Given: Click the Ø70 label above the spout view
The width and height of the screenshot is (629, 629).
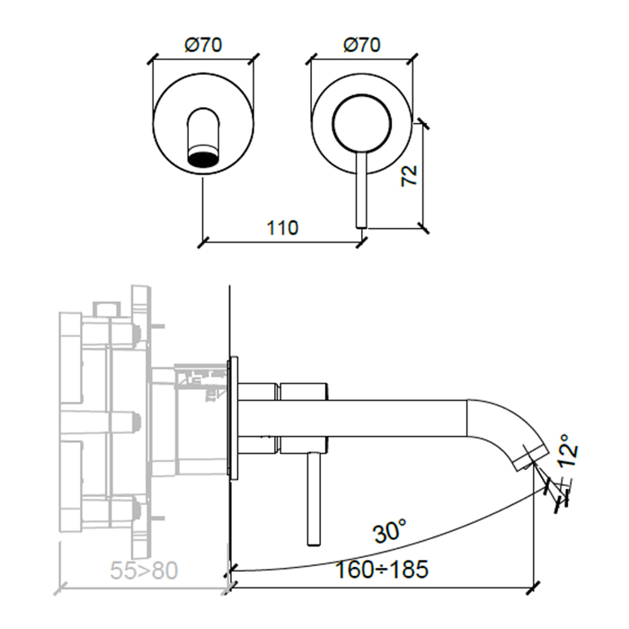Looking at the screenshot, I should pos(204,44).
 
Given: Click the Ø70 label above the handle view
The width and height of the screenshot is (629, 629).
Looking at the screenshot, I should pos(362,44).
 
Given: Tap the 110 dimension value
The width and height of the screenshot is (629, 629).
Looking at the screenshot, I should pos(282,228).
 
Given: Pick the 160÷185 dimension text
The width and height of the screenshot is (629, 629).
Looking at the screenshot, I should pos(382,569).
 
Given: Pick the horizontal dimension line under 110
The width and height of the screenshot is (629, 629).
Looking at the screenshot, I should pos(282,241).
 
